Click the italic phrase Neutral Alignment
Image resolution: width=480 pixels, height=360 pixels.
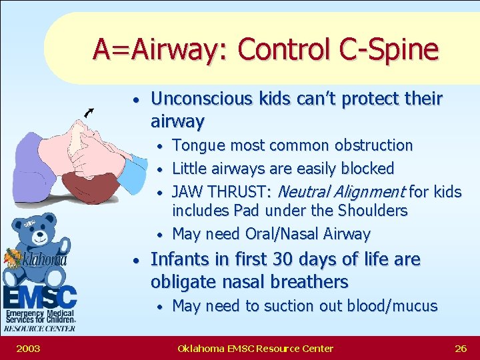(340, 192)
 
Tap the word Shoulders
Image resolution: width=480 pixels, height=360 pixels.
(372, 211)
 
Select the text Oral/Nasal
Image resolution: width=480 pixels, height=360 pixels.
(287, 234)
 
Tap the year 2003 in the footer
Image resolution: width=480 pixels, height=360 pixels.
(29, 348)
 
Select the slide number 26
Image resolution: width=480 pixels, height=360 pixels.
(460, 348)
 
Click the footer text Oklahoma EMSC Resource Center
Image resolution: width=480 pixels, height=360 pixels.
(255, 348)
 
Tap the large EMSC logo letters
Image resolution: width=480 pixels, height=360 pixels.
(40, 295)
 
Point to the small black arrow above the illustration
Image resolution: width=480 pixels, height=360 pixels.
(89, 113)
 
